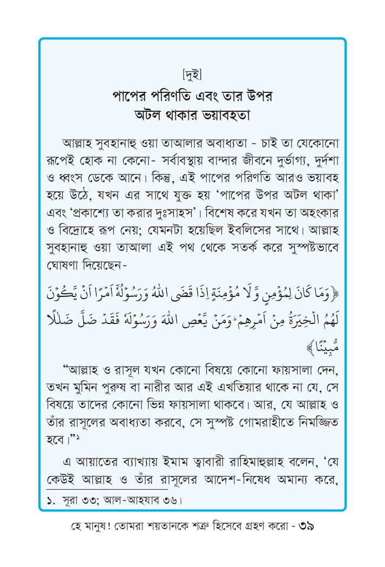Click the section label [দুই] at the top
192,72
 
